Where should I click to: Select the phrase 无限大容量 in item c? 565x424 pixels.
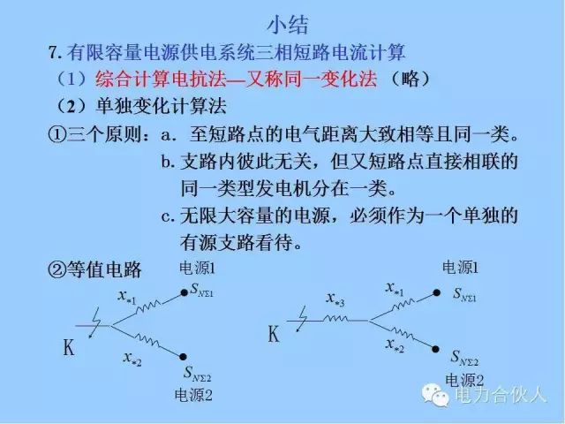pos(225,216)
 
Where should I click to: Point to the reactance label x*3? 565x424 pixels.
pos(335,301)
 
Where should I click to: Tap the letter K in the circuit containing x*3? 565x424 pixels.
pos(274,335)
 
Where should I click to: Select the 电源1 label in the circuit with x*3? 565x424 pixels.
pos(460,268)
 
